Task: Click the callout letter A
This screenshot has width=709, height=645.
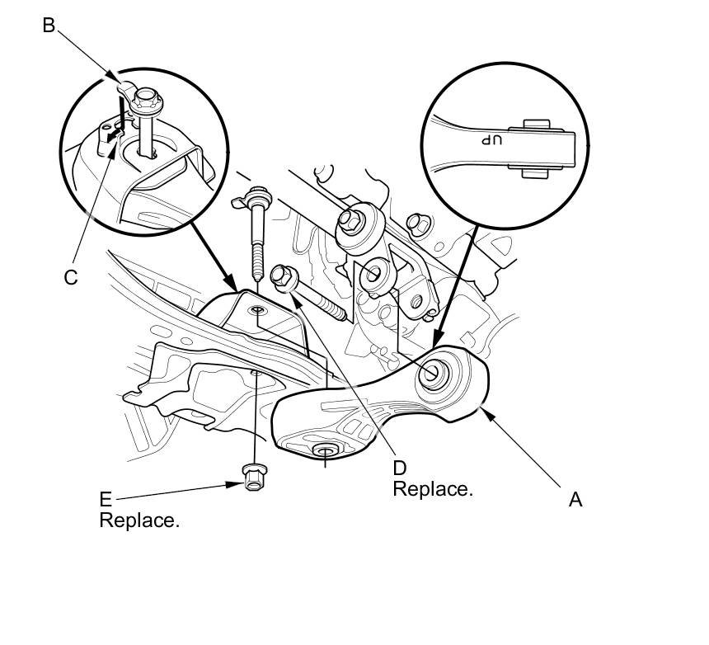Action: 575,499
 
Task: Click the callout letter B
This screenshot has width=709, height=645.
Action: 49,26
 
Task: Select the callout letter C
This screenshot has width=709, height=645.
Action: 71,277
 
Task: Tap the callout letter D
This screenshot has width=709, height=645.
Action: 401,468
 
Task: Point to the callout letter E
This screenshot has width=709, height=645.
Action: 105,500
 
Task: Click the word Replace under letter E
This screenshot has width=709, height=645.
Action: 139,520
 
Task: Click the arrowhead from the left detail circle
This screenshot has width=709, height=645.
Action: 238,290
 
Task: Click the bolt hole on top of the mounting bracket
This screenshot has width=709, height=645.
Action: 256,311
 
